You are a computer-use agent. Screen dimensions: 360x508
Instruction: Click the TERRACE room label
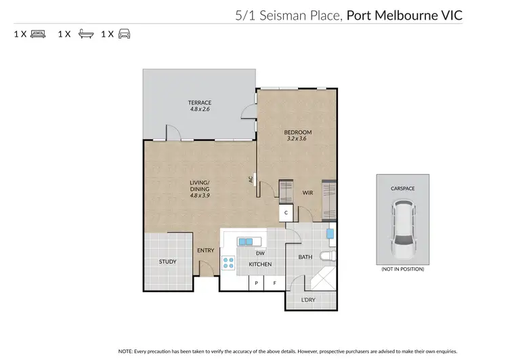pos(200,102)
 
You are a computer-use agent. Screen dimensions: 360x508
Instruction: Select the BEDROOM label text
pos(298,132)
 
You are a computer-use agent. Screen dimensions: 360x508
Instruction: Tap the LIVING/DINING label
pos(200,185)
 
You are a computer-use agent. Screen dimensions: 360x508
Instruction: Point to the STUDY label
pos(168,262)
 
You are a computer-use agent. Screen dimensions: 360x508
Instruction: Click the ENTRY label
pos(205,250)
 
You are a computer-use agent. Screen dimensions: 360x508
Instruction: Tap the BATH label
pos(305,257)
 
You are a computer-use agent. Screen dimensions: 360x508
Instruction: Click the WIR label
pos(307,193)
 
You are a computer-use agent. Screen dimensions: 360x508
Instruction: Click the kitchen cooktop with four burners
pos(228,264)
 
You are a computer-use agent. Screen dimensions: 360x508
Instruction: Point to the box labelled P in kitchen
pos(257,282)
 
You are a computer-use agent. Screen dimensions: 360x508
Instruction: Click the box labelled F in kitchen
pos(274,282)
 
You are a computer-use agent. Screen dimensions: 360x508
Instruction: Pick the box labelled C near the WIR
pos(286,212)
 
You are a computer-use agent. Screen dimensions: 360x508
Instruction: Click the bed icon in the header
pos(38,33)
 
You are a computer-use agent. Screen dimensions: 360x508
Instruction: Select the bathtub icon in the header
pos(85,33)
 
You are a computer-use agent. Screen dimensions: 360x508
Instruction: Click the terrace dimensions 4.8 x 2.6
pos(200,109)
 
